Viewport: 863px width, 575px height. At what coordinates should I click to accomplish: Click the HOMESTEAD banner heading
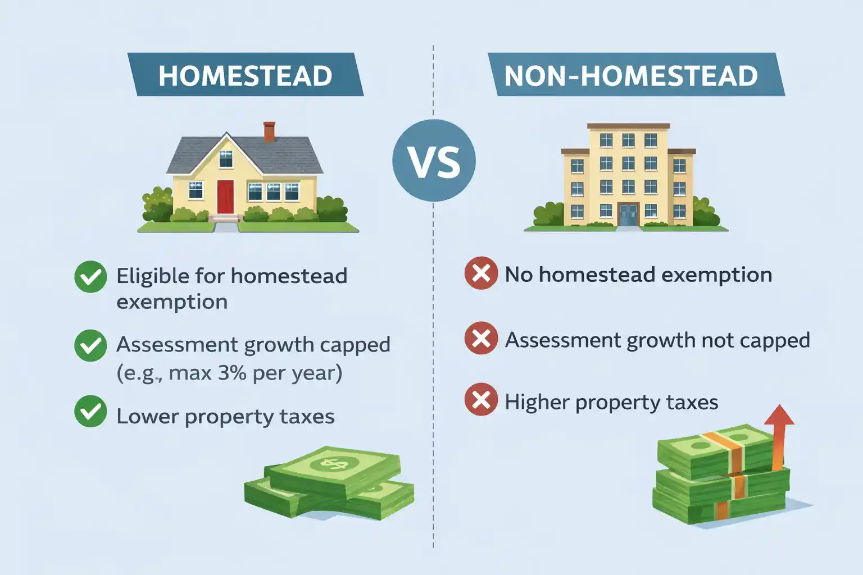point(246,75)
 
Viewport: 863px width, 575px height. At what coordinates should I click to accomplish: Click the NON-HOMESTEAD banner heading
point(631,75)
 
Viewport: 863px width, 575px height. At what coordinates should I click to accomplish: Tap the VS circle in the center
point(434,161)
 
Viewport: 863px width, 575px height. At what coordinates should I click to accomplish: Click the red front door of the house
point(225,197)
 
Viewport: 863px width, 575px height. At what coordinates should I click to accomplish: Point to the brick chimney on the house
point(269,132)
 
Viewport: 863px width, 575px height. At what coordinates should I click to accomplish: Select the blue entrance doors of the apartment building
point(628,214)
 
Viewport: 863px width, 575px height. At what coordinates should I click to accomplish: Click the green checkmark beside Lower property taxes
point(90,412)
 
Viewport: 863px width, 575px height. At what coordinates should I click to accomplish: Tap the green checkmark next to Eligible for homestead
point(90,277)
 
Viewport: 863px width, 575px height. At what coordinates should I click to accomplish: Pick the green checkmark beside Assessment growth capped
point(90,345)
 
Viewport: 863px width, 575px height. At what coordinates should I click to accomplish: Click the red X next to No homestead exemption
point(481,273)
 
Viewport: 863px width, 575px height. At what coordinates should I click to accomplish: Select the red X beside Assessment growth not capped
point(481,338)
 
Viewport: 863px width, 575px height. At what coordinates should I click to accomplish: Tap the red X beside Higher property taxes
point(481,399)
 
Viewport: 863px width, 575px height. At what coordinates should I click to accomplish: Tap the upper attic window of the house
point(226,159)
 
